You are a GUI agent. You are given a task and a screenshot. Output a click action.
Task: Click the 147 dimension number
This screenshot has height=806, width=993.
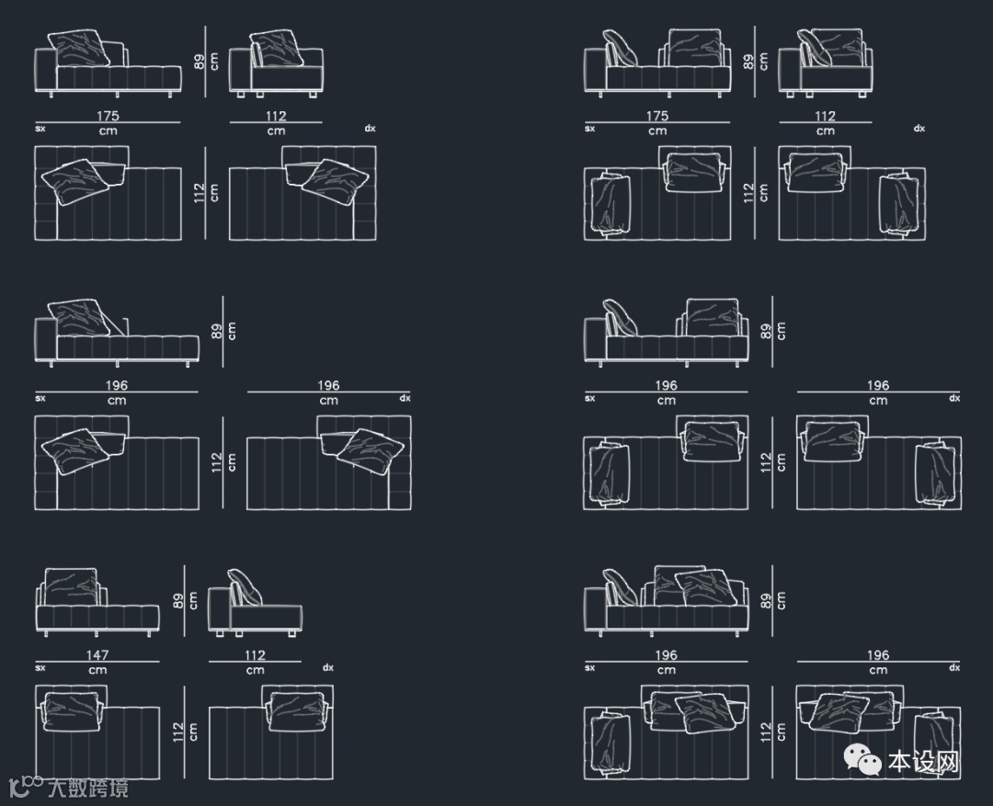click(97, 655)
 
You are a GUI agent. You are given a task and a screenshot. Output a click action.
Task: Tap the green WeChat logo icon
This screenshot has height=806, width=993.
click(864, 761)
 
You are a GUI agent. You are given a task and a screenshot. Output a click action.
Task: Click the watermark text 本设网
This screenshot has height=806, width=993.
click(923, 762)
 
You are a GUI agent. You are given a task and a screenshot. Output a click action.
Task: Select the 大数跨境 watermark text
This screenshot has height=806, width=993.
click(88, 787)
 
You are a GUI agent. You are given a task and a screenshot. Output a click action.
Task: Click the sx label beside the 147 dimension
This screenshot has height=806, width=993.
click(40, 668)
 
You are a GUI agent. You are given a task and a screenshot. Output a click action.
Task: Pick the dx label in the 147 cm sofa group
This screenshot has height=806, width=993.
click(327, 668)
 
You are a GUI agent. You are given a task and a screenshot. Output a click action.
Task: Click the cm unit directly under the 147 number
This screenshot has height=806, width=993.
click(97, 670)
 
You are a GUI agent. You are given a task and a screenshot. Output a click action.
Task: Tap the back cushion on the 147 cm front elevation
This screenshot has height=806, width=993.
click(71, 587)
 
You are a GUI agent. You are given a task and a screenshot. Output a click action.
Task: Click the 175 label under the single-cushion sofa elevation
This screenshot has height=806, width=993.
click(108, 117)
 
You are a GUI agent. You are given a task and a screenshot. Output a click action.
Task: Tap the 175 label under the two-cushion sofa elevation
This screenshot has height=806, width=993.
click(657, 117)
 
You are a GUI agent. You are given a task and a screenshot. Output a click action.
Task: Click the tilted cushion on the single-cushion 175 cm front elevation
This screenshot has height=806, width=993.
click(80, 49)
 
